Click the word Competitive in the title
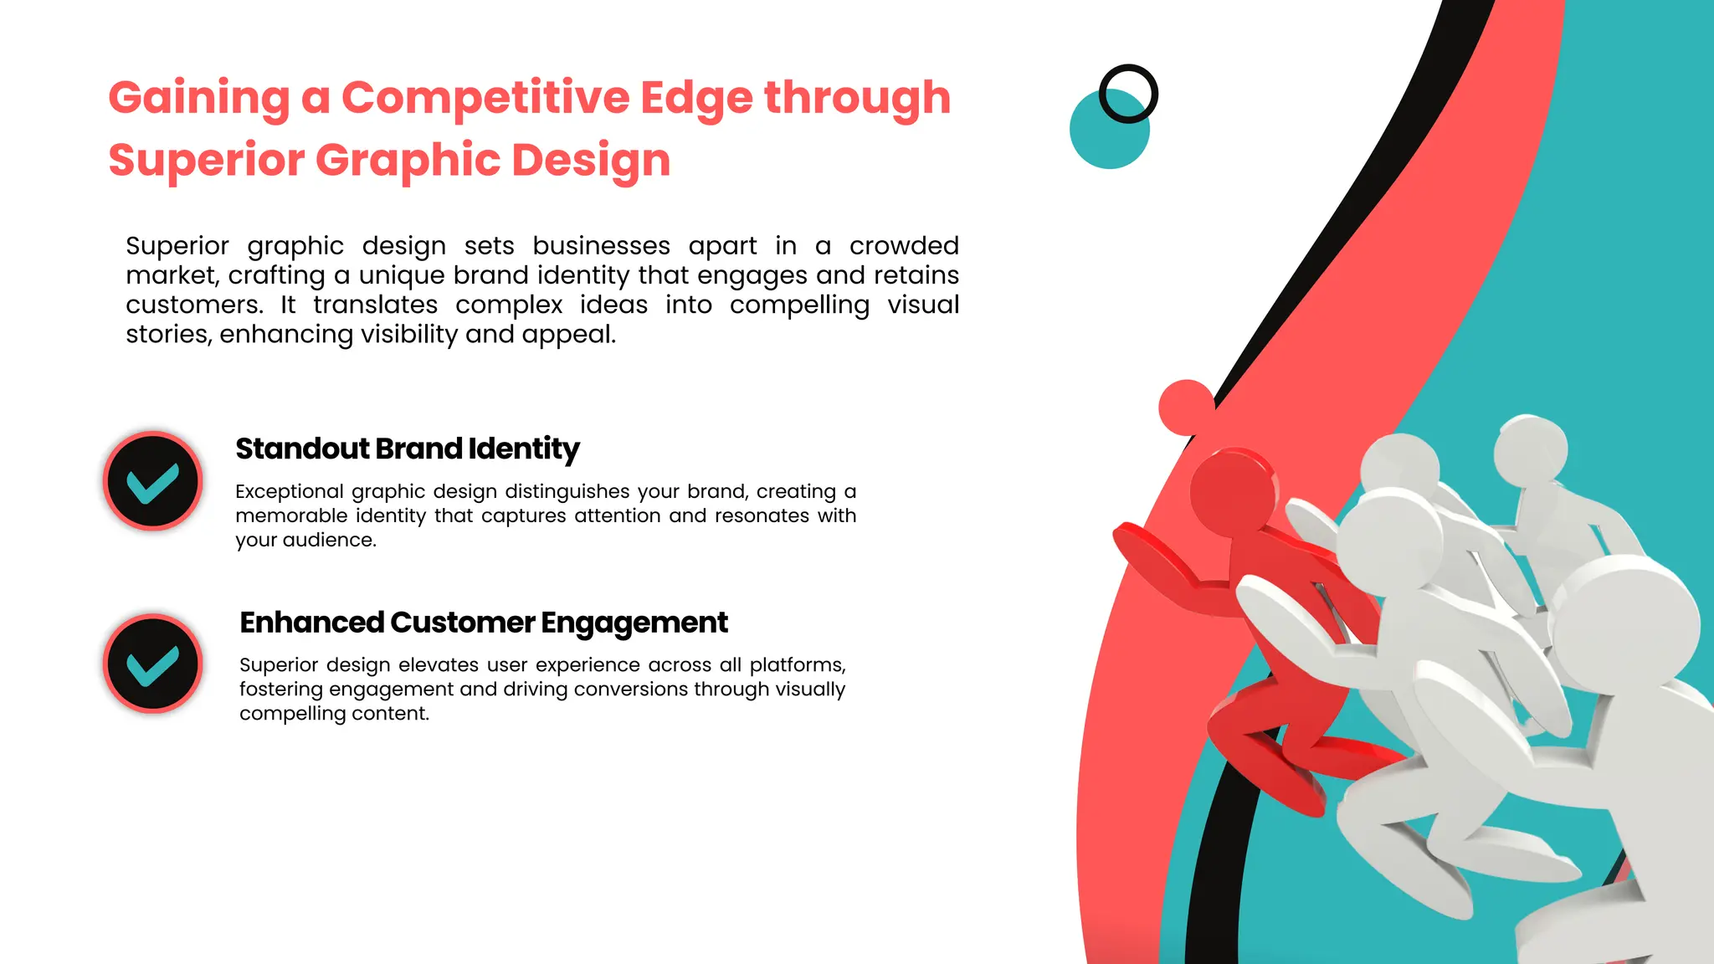tap(485, 98)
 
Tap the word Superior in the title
tap(206, 160)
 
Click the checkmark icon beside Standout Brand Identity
tap(153, 481)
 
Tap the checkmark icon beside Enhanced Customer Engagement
tap(153, 664)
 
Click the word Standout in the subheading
tap(302, 449)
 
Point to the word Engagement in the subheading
tap(634, 623)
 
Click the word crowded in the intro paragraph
tap(904, 246)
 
